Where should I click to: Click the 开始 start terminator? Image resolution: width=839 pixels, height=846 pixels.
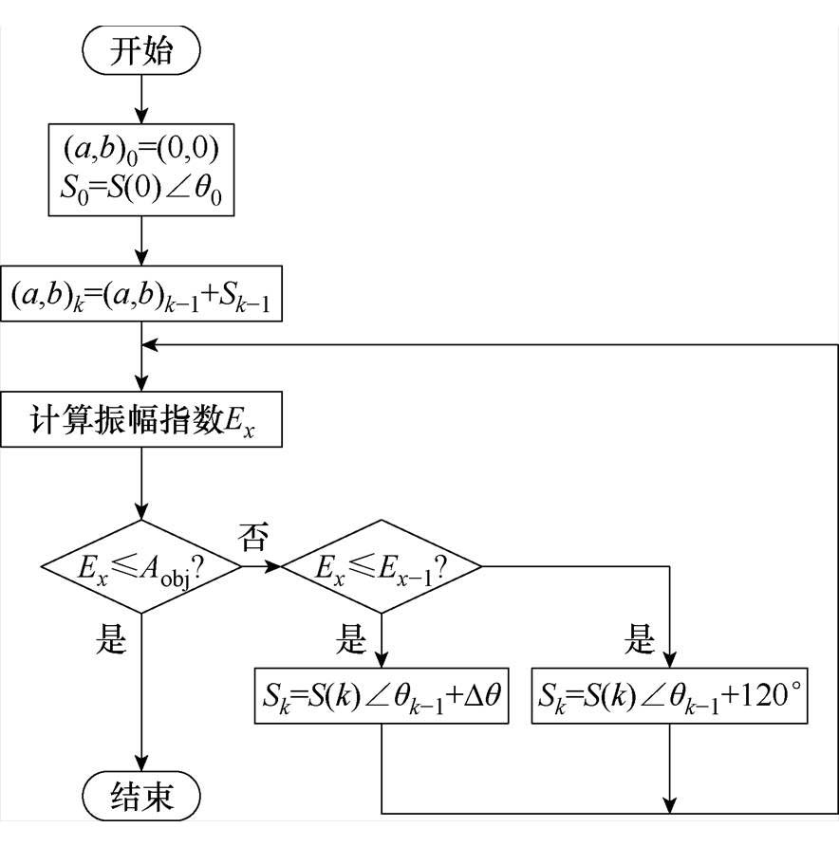pos(141,50)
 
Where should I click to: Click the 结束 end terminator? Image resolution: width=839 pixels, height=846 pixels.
pos(141,795)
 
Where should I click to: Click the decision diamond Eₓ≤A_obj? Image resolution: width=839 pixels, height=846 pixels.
pos(141,568)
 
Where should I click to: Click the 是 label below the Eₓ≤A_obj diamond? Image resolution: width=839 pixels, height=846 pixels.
pos(111,641)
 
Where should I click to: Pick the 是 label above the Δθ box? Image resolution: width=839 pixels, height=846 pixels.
pos(351,641)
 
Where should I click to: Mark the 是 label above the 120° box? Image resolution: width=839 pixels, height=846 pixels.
pos(641,641)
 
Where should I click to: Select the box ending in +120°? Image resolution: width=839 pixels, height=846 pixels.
pos(670,697)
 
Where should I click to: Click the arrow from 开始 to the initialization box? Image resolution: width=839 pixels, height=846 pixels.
pos(141,98)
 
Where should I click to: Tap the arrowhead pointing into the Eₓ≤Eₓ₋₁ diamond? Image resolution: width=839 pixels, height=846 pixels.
pos(276,567)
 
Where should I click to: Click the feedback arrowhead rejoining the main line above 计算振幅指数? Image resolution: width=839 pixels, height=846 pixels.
pos(150,344)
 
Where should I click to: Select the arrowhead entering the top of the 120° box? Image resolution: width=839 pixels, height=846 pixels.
pos(670,661)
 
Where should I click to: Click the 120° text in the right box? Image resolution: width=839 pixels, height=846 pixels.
pos(764,697)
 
